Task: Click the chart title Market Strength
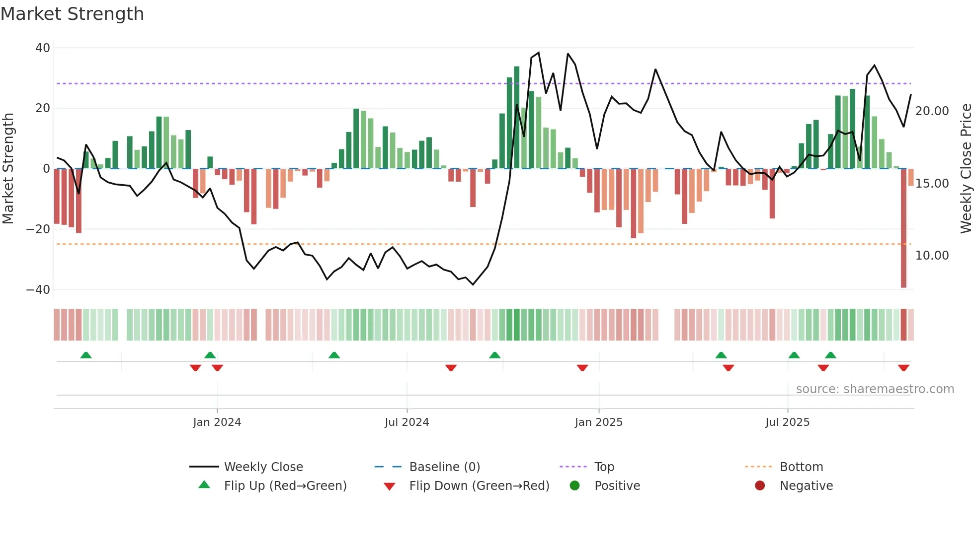tap(73, 14)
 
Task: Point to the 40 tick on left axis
tap(43, 48)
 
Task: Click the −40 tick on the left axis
tap(38, 289)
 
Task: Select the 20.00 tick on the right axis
tap(932, 111)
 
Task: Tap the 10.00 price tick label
tap(932, 255)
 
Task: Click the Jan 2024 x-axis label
tap(217, 422)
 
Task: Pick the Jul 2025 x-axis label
tap(787, 422)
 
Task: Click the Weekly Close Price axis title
tap(966, 169)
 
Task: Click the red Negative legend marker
tap(760, 485)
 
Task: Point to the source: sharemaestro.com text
tap(875, 389)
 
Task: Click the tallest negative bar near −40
tap(903, 228)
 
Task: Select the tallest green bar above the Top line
tap(517, 117)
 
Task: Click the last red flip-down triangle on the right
tap(903, 368)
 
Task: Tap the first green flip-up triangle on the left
tap(86, 355)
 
